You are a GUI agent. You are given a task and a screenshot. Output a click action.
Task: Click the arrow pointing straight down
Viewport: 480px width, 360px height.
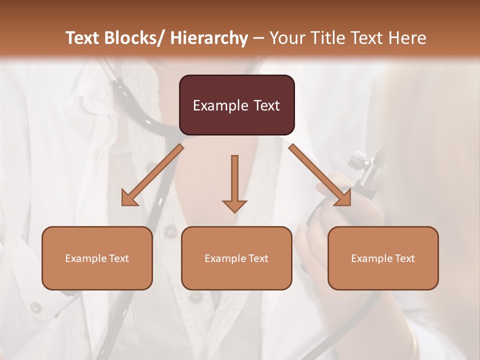(234, 180)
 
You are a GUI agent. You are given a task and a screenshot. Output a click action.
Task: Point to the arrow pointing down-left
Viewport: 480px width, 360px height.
(152, 175)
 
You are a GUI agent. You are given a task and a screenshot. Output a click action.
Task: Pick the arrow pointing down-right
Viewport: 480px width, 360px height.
(320, 175)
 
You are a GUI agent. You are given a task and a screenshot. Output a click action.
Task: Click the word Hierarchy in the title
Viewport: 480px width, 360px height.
(208, 38)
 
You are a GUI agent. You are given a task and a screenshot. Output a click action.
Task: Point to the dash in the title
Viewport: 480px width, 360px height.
(258, 38)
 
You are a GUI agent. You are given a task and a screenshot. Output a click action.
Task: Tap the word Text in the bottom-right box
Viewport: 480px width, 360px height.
(404, 258)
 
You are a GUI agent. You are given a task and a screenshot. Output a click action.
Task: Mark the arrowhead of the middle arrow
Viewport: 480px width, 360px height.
(234, 205)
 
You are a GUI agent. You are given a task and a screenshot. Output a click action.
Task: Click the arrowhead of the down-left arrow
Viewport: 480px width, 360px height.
(128, 199)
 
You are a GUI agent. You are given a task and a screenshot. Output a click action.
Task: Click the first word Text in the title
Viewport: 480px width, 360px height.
(82, 38)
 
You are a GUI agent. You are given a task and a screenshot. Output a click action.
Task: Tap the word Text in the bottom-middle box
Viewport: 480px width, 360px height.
(258, 258)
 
